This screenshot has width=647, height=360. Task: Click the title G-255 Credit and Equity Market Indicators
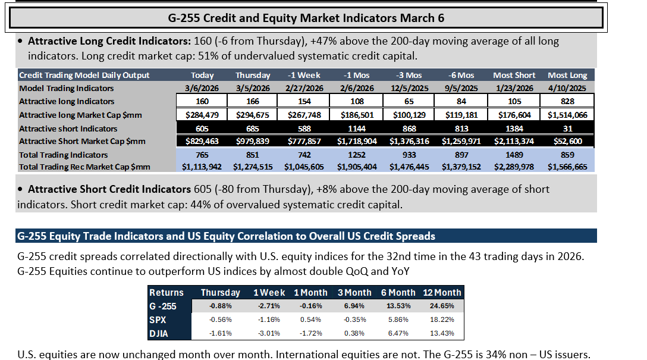306,18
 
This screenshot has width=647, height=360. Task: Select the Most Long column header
567,75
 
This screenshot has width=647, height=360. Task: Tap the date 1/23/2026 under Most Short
514,88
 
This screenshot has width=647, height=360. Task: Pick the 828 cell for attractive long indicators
567,101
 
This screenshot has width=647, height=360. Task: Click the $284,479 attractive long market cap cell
202,115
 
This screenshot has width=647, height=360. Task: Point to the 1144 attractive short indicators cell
357,129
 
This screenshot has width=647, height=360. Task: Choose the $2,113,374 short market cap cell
514,141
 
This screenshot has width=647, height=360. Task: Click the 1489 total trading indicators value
514,155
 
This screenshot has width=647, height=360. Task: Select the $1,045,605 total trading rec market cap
304,167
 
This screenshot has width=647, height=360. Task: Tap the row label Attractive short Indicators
68,129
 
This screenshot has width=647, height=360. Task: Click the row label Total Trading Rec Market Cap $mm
84,167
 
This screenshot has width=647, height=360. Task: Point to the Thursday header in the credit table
253,75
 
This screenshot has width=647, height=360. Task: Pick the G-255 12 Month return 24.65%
441,306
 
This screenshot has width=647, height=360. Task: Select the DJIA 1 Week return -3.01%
269,333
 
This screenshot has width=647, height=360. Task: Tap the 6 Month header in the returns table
398,293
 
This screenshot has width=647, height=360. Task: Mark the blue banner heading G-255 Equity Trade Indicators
226,236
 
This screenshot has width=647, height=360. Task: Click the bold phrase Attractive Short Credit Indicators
109,189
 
